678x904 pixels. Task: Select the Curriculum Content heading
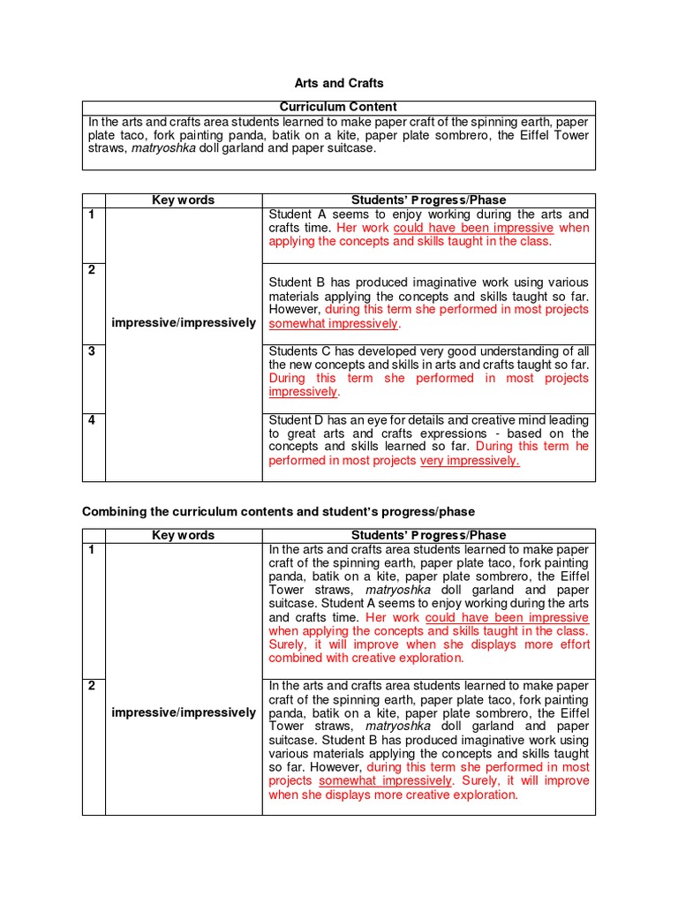tap(338, 107)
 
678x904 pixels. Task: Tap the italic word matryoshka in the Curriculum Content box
tap(163, 148)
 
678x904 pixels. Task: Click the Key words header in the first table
tap(183, 200)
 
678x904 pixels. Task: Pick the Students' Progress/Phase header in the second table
tap(428, 535)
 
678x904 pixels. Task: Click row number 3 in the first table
tap(91, 351)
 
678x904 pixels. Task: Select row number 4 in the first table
tap(91, 420)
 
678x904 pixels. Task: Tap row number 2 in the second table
tap(91, 686)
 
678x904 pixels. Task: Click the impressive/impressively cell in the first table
tap(183, 323)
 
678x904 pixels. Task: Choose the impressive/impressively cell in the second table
tap(183, 712)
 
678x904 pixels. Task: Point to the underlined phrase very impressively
tap(470, 460)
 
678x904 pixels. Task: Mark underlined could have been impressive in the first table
tap(473, 228)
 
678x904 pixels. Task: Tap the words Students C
tap(299, 351)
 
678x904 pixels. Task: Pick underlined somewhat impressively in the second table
tap(385, 781)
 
